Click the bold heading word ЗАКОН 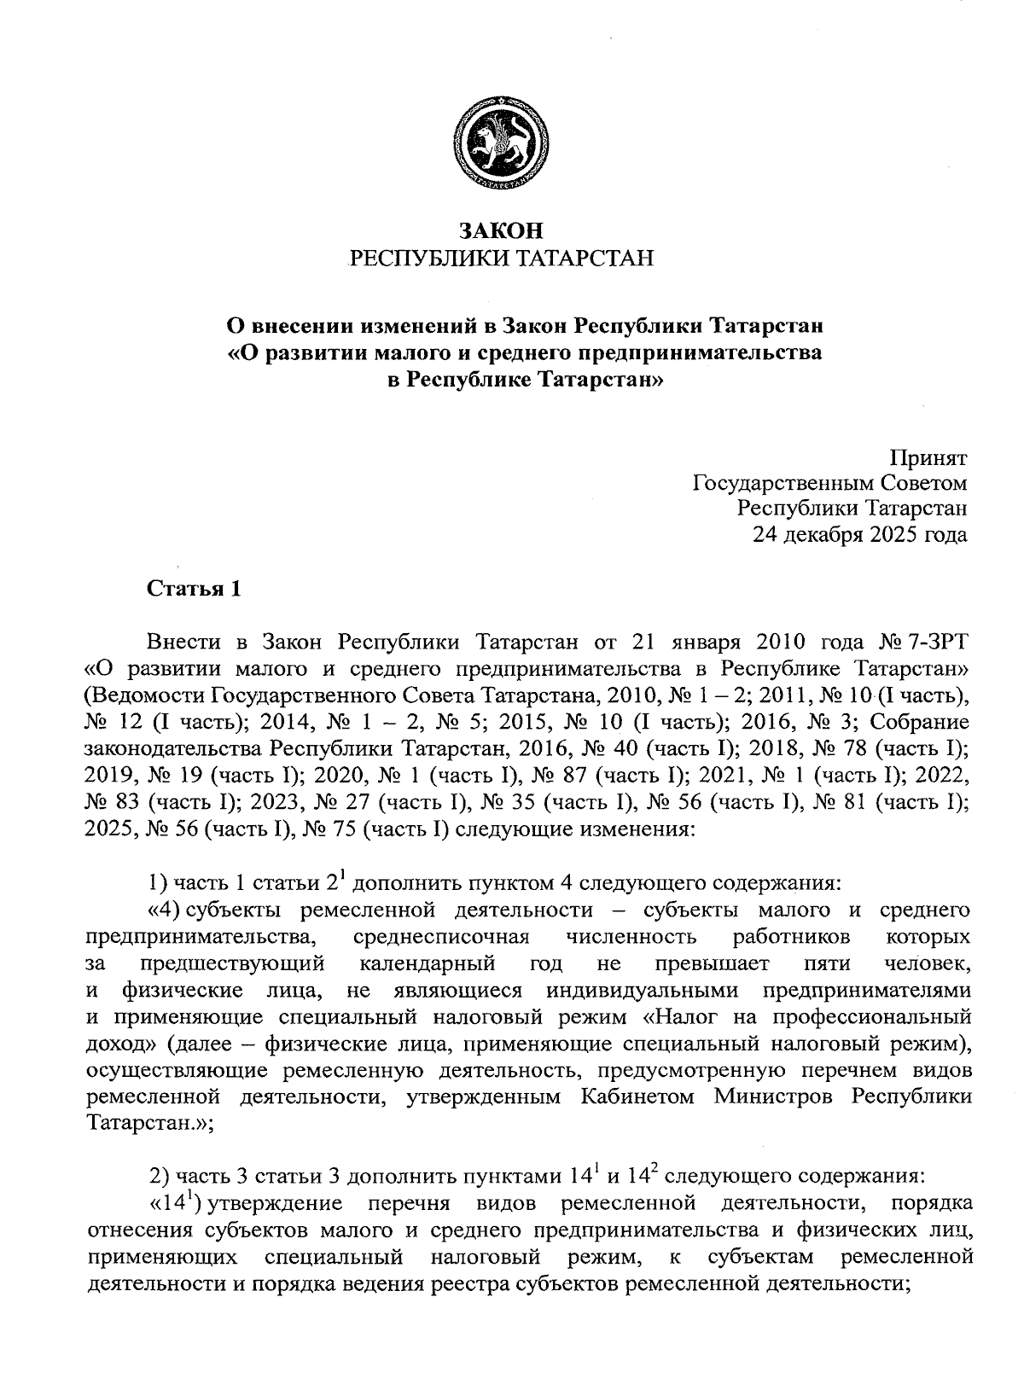501,230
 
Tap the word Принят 929,457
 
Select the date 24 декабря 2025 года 859,535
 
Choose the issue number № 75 330,829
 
